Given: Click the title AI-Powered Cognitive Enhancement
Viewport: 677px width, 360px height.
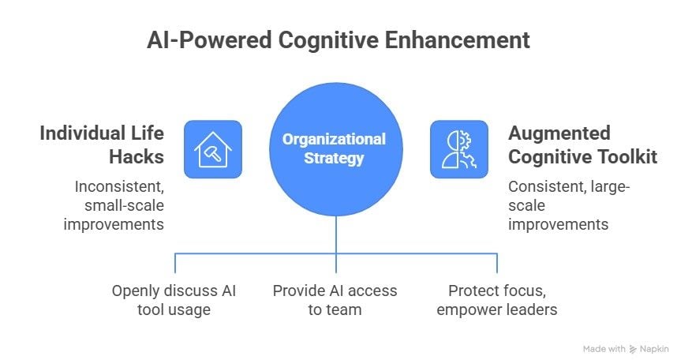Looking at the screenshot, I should [338, 39].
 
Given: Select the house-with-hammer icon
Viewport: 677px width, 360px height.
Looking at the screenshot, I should [212, 148].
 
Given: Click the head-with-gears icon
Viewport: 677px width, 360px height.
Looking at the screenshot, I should [458, 148].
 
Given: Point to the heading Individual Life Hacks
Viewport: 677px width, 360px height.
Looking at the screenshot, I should [102, 144].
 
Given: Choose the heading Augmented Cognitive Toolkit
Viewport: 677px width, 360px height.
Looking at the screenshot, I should [582, 144].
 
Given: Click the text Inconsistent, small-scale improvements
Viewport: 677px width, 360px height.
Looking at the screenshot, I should [119, 205].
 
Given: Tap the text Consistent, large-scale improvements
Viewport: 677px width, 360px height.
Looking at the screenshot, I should [568, 205].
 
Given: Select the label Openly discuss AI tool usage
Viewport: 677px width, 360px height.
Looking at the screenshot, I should [174, 299].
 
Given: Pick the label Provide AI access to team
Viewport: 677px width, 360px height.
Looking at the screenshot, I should [335, 299].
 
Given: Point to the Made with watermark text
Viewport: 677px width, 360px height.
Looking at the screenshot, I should [604, 348].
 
